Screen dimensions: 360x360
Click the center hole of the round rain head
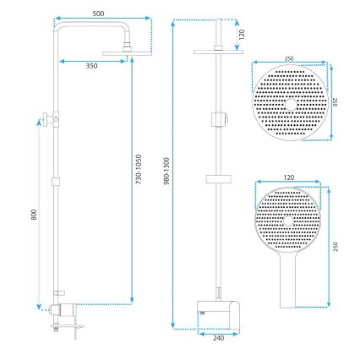pyautogui.click(x=289, y=103)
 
